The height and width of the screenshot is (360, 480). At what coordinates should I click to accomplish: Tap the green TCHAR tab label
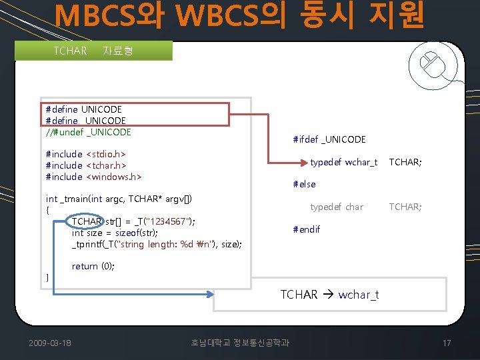coord(71,51)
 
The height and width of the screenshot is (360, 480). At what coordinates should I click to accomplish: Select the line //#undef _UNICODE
coord(88,132)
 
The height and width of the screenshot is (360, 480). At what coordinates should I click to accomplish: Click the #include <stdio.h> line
coord(86,154)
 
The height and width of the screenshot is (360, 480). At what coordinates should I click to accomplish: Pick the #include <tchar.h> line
coord(86,165)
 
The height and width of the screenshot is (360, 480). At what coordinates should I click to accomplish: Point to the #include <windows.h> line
coord(93,177)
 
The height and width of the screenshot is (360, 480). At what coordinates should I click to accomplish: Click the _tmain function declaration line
coord(119,199)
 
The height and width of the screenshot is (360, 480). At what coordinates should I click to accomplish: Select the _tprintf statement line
coord(157,244)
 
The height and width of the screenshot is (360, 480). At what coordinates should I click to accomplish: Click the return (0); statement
coord(93,266)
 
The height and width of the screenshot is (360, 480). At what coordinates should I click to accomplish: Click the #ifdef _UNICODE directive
coord(329,139)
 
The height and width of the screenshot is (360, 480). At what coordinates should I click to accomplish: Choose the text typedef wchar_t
coord(344,162)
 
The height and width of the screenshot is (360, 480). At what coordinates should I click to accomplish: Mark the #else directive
coord(305,184)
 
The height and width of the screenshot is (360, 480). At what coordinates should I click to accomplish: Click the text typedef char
coord(337,207)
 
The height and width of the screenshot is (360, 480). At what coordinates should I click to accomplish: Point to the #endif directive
coord(307,229)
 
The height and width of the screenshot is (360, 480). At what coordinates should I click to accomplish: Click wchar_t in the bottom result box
coord(359,295)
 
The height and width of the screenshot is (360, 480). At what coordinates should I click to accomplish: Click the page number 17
coord(447,343)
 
